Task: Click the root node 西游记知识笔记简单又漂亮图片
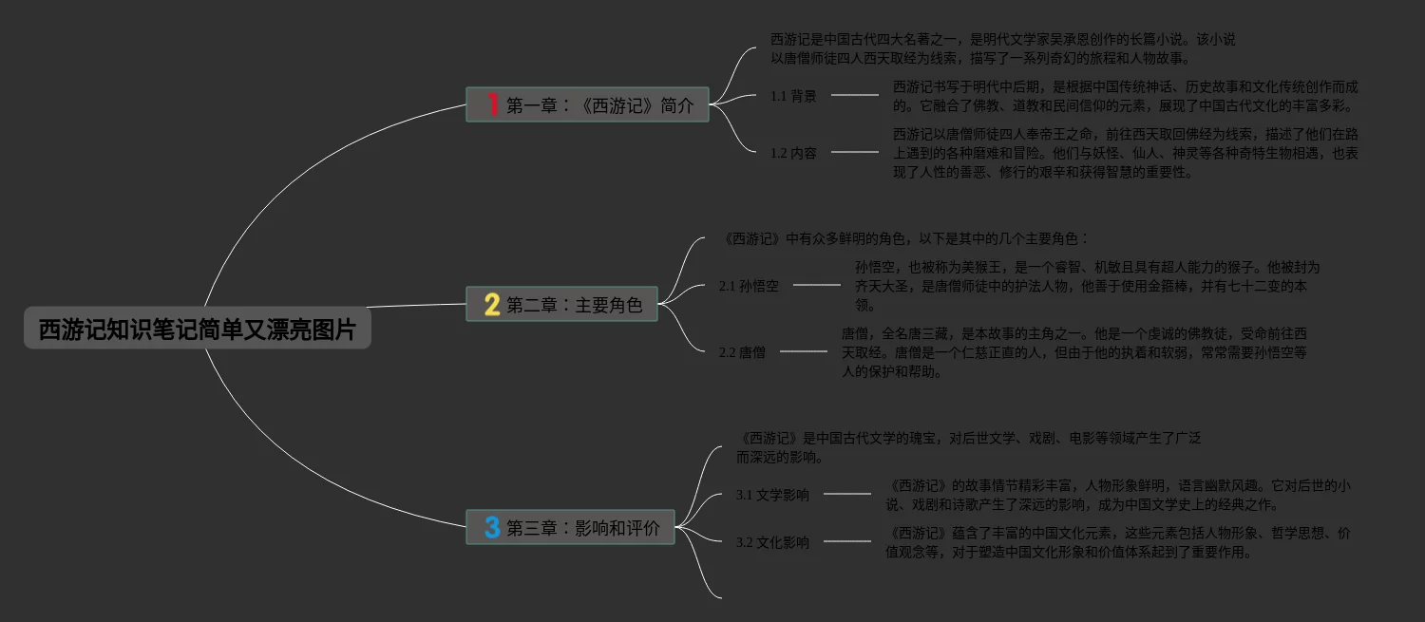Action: click(x=197, y=330)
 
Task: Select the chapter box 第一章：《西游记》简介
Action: click(x=587, y=104)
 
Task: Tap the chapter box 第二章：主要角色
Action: click(x=561, y=305)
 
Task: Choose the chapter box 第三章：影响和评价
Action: click(x=570, y=527)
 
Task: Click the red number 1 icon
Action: click(x=492, y=104)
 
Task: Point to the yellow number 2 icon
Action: click(x=491, y=305)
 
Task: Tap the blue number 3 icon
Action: click(x=491, y=527)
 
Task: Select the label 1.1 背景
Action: click(x=793, y=96)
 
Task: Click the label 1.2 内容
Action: click(x=793, y=153)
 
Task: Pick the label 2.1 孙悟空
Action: click(x=749, y=286)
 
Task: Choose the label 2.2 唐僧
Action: click(x=742, y=352)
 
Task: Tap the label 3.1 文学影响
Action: click(x=772, y=495)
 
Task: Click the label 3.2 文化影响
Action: click(x=772, y=542)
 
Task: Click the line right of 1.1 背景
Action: click(x=854, y=95)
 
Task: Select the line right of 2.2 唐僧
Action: click(x=803, y=351)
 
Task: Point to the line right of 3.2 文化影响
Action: click(x=846, y=541)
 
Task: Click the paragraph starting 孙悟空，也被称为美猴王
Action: click(x=1087, y=286)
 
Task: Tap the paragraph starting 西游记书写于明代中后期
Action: click(x=1125, y=96)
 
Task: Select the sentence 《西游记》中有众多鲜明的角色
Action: click(x=904, y=239)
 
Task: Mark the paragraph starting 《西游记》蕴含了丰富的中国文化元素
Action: click(x=1117, y=542)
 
